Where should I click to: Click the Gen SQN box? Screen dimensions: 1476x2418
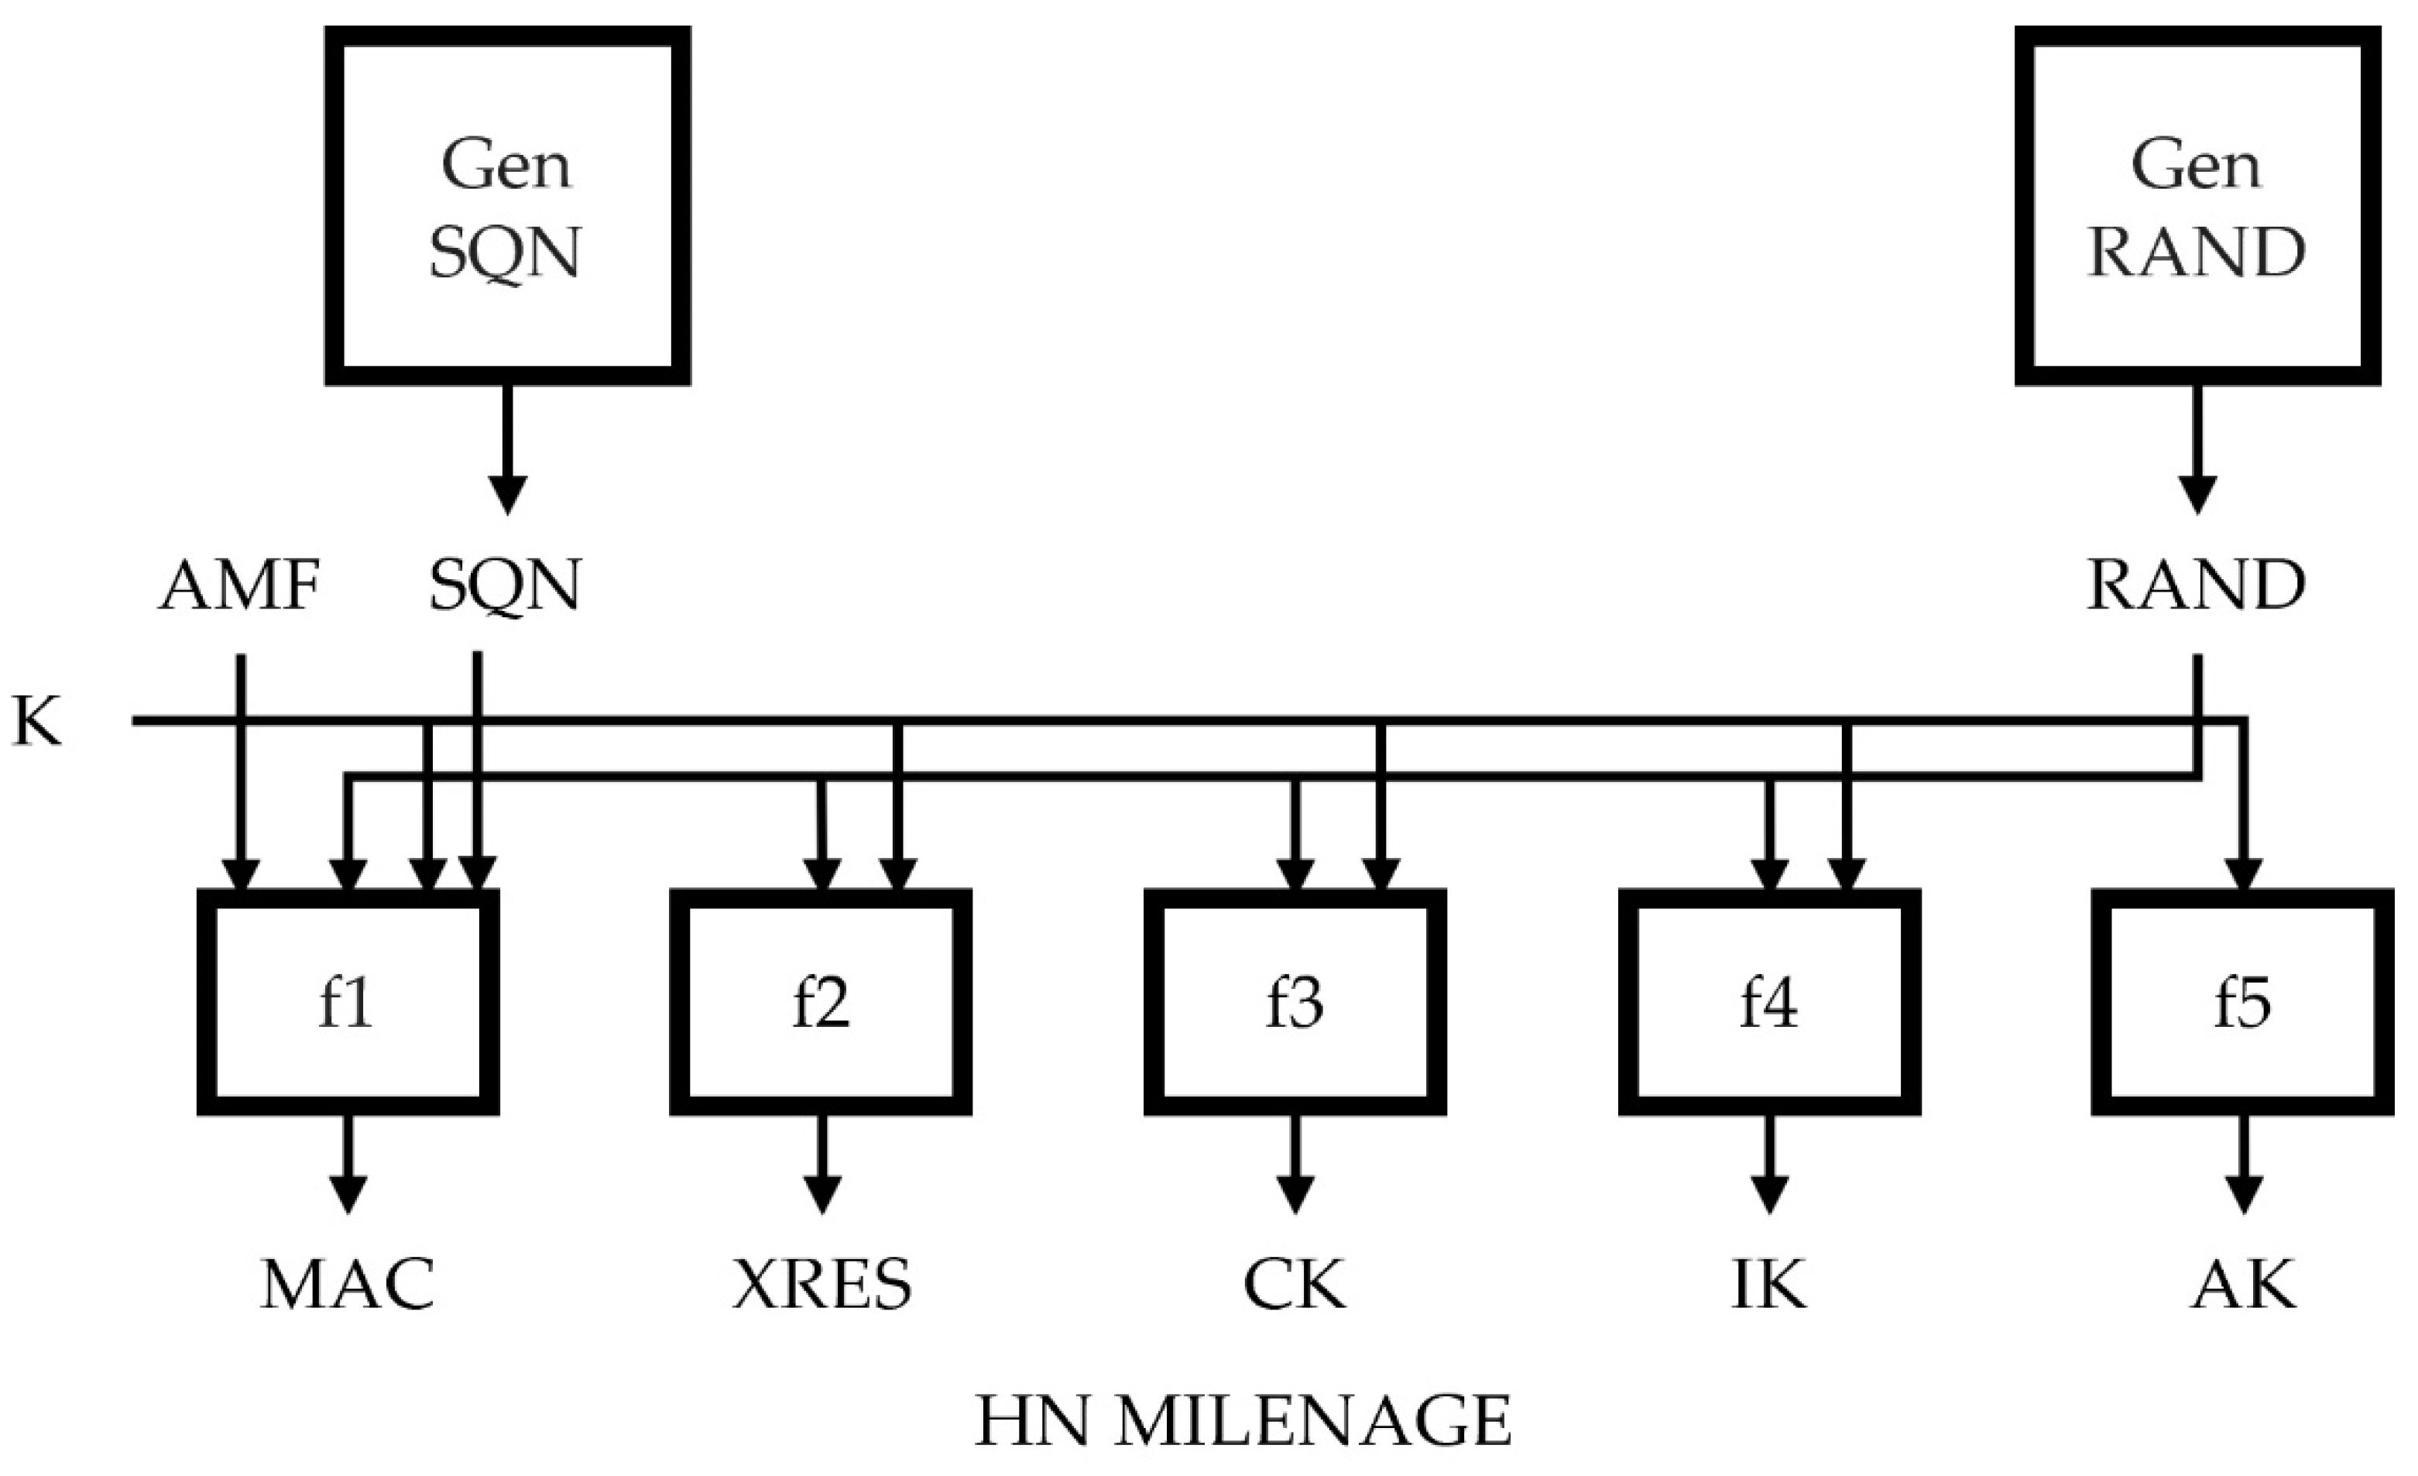pyautogui.click(x=507, y=205)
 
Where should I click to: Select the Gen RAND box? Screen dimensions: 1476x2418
pyautogui.click(x=2197, y=205)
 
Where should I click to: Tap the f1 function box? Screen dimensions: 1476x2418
pyautogui.click(x=348, y=1001)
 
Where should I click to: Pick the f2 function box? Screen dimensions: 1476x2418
pyautogui.click(x=821, y=1001)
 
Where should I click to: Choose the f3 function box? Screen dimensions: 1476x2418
pyautogui.click(x=1295, y=1001)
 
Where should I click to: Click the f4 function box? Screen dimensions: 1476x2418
pyautogui.click(x=1768, y=1001)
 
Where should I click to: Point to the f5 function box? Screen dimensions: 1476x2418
pyautogui.click(x=2242, y=1001)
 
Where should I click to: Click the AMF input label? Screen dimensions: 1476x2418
pyautogui.click(x=239, y=586)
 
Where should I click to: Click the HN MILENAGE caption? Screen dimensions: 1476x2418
pyautogui.click(x=1243, y=1421)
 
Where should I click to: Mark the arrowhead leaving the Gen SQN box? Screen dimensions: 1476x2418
pyautogui.click(x=507, y=493)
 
